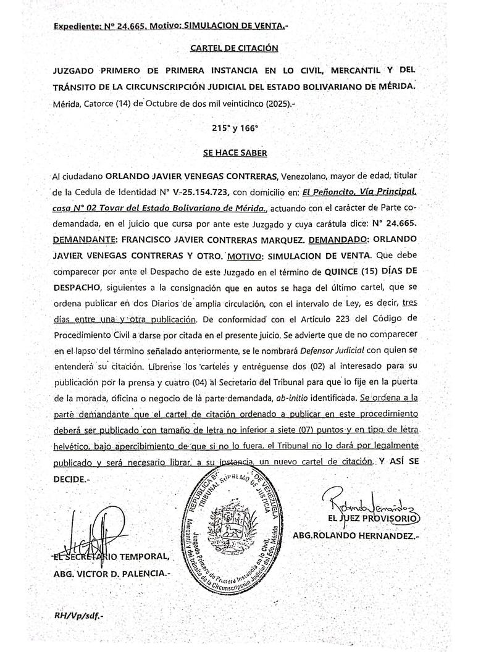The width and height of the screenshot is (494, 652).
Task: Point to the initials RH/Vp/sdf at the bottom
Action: [79, 616]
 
